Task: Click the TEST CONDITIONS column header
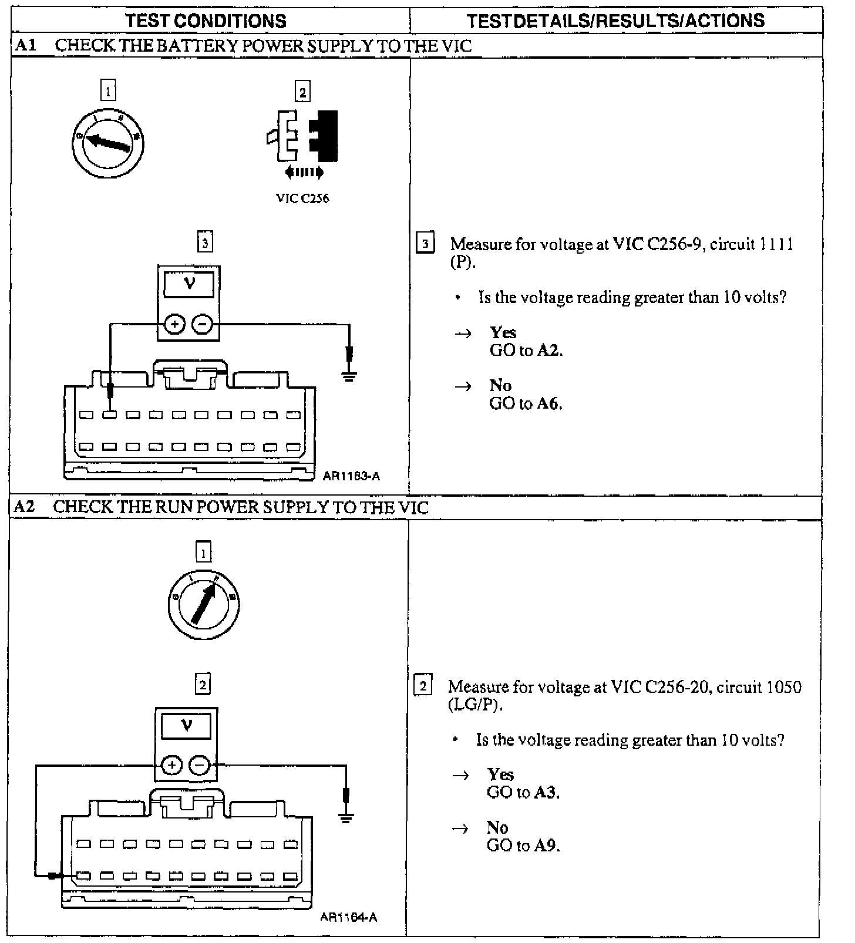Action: [x=206, y=21]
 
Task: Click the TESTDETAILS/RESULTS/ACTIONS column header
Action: [x=615, y=21]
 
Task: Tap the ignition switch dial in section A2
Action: [x=203, y=604]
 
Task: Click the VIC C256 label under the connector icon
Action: [x=302, y=198]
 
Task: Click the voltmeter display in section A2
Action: [x=187, y=726]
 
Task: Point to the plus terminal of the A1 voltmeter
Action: [x=175, y=324]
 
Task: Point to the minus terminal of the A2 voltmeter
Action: [x=200, y=765]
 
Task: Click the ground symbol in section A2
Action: [x=346, y=816]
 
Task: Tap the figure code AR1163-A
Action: [x=351, y=476]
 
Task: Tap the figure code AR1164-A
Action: [x=349, y=917]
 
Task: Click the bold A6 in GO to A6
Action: [x=549, y=404]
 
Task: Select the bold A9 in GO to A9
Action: [x=547, y=846]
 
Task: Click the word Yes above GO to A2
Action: [x=503, y=332]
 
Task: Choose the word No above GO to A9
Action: [x=497, y=827]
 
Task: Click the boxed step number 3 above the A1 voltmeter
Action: [x=204, y=243]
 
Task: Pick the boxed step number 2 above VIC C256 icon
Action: [x=302, y=92]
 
